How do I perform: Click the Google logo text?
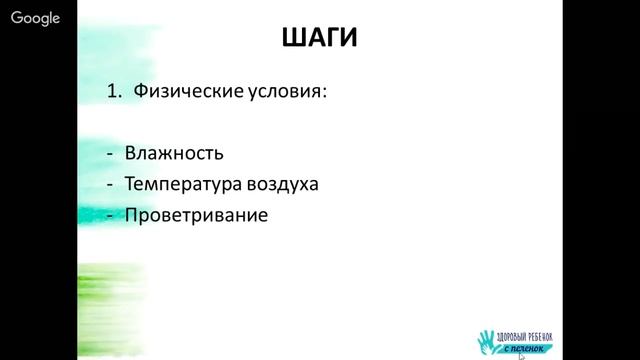point(36,18)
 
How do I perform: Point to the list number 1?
point(112,93)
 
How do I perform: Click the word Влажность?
point(174,155)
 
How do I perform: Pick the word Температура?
point(180,185)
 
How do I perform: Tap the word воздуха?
point(282,185)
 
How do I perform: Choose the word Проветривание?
point(197,215)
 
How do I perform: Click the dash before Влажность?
point(110,156)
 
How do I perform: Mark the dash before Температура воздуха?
point(110,186)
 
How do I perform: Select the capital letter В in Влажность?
point(131,155)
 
